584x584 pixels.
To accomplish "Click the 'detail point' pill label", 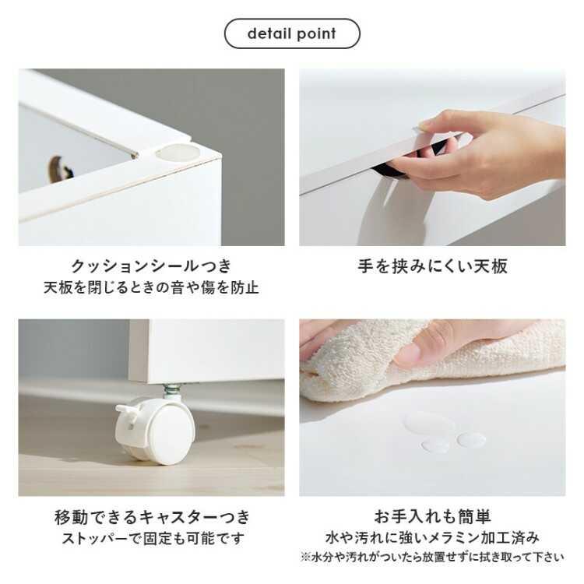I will tap(292, 33).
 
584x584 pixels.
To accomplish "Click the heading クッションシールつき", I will tap(152, 266).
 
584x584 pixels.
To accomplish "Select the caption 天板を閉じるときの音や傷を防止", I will tap(152, 288).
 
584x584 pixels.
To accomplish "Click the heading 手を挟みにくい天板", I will tap(433, 266).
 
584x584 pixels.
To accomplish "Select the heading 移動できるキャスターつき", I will tap(152, 517).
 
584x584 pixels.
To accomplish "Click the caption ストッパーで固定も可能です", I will tap(152, 539).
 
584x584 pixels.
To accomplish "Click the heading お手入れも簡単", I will tap(433, 517).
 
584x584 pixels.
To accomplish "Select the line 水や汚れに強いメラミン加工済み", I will tap(433, 538).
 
